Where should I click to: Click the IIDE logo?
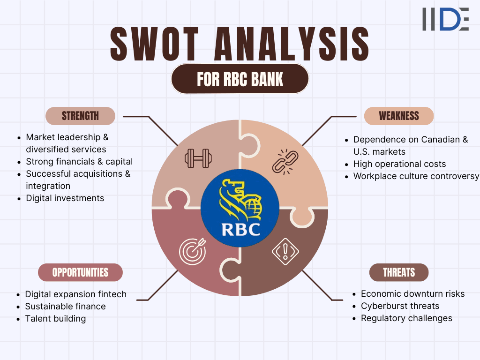445,19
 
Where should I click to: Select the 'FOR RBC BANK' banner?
240,79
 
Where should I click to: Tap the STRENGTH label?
80,116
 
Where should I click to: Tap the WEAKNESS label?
399,116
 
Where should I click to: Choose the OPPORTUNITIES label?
80,272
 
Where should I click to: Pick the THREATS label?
399,272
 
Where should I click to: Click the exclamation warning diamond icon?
285,251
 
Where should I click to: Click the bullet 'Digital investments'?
65,198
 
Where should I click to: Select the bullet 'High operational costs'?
399,164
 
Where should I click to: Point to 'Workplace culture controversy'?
416,176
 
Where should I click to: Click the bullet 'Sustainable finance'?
65,307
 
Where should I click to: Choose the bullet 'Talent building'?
55,319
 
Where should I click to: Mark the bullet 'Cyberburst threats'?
400,306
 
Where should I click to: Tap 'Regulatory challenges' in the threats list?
406,318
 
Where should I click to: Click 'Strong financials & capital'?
79,162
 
